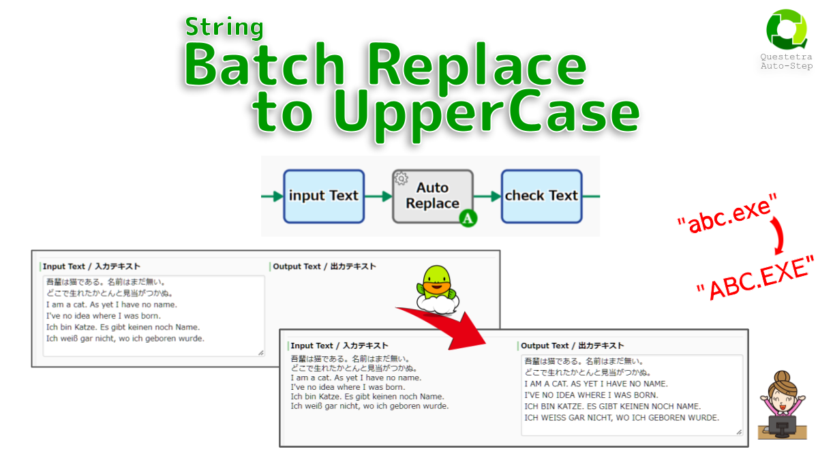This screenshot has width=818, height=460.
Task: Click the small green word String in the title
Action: coord(224,27)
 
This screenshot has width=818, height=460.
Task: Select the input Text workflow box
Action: coord(324,196)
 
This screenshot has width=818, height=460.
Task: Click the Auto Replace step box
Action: coord(433,196)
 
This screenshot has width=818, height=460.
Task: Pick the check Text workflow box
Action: coord(541,196)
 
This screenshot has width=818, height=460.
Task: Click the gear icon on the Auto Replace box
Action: coord(402,179)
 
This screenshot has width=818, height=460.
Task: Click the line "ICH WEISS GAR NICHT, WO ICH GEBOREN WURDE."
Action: coord(622,418)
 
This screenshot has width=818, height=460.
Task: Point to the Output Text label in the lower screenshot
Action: coord(572,346)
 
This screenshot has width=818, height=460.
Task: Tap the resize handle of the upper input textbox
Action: coord(261,352)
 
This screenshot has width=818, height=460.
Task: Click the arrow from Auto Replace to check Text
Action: coord(487,196)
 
